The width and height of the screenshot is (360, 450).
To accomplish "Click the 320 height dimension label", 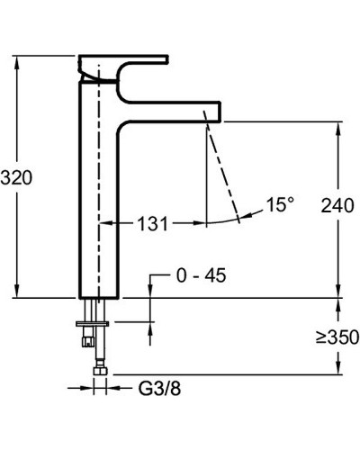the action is pyautogui.click(x=16, y=177).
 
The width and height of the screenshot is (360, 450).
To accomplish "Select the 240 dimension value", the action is pyautogui.click(x=337, y=205).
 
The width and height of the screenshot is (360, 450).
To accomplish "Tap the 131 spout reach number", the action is pyautogui.click(x=153, y=223).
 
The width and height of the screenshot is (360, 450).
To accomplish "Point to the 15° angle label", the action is pyautogui.click(x=281, y=204).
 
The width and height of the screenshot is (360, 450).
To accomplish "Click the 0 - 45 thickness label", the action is pyautogui.click(x=202, y=275).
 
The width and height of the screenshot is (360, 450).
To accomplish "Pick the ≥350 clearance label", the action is pyautogui.click(x=337, y=337).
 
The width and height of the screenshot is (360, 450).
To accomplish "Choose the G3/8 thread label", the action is pyautogui.click(x=159, y=389).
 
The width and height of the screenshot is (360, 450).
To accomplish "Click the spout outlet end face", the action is pyautogui.click(x=220, y=112).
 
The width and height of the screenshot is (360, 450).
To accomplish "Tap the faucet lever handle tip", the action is pyautogui.click(x=167, y=59).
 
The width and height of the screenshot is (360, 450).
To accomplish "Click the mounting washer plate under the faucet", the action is pyautogui.click(x=93, y=324).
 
